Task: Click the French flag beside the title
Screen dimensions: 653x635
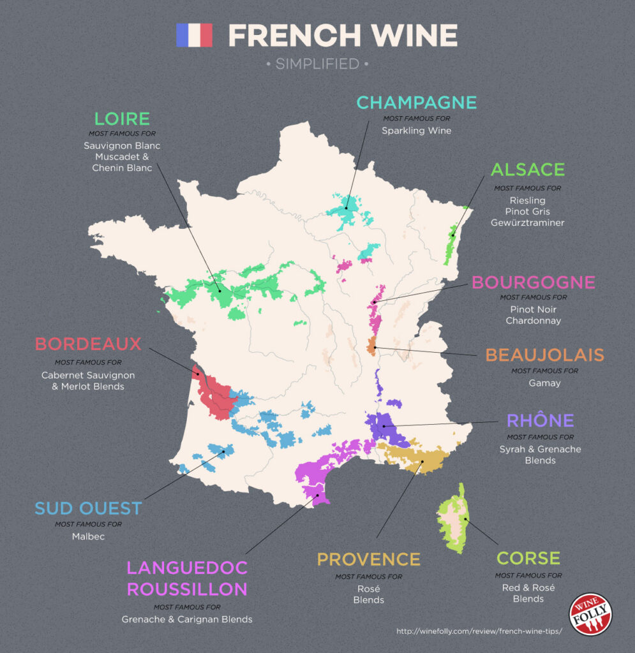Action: pos(194,35)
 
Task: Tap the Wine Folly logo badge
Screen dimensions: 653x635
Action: pos(590,614)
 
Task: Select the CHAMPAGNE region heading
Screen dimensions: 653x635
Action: pos(416,103)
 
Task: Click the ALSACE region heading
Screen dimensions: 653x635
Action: pos(527,170)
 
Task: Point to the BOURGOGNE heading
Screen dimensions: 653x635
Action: pos(533,282)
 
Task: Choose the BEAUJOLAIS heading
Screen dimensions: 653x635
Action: pos(544,355)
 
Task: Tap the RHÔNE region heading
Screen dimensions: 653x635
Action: pos(540,421)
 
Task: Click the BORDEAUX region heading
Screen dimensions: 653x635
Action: pos(88,344)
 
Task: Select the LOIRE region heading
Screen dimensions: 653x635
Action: pos(122,119)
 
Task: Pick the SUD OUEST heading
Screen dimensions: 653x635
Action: pos(88,508)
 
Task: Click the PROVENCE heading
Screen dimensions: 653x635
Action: pos(368,559)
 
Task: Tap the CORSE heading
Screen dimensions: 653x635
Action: pos(528,559)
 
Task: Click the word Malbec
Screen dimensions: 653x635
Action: pos(88,536)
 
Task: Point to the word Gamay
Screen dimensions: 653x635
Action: pos(544,383)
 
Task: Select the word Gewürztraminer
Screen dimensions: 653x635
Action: pos(527,223)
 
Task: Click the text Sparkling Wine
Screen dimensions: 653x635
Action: pos(416,131)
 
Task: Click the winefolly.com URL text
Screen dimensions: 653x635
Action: pos(479,632)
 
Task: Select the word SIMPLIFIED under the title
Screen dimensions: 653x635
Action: pos(317,64)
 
